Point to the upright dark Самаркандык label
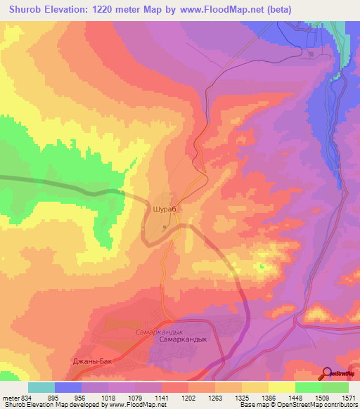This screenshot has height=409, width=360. [x=182, y=339]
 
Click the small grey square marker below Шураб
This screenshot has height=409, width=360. [x=165, y=227]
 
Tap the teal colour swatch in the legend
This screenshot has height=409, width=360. [x=41, y=387]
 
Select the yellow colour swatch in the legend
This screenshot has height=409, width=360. [x=281, y=387]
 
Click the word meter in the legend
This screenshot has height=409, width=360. [x=11, y=397]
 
